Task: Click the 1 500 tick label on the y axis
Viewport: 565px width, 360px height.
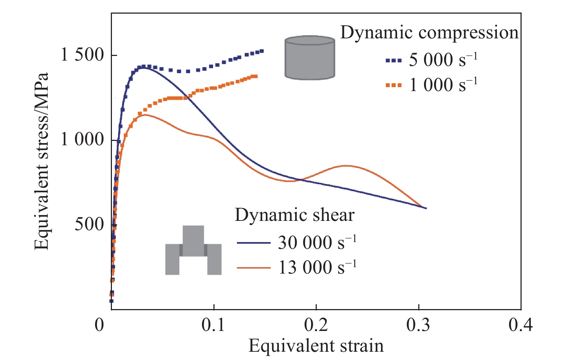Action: coord(82,56)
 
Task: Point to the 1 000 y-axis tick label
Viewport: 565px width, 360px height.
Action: coord(82,140)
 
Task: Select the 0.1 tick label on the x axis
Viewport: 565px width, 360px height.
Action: coord(213,325)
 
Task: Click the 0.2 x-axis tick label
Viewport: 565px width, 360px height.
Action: coord(316,325)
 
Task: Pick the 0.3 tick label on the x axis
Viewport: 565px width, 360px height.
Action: coord(418,325)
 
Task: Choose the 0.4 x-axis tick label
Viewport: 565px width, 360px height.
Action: coord(521,325)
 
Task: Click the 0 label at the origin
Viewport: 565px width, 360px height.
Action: coord(99,325)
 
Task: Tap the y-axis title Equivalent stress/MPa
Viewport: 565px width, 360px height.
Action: coord(42,161)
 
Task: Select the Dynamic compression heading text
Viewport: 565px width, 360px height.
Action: coord(429,33)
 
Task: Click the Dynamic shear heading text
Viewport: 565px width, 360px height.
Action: coord(295,215)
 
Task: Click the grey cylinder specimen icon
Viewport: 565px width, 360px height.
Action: coord(310,57)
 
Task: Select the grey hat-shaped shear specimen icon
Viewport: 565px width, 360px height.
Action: coord(193,250)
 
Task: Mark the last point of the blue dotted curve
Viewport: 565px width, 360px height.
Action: coord(262,51)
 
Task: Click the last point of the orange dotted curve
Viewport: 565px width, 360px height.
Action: coord(256,76)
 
